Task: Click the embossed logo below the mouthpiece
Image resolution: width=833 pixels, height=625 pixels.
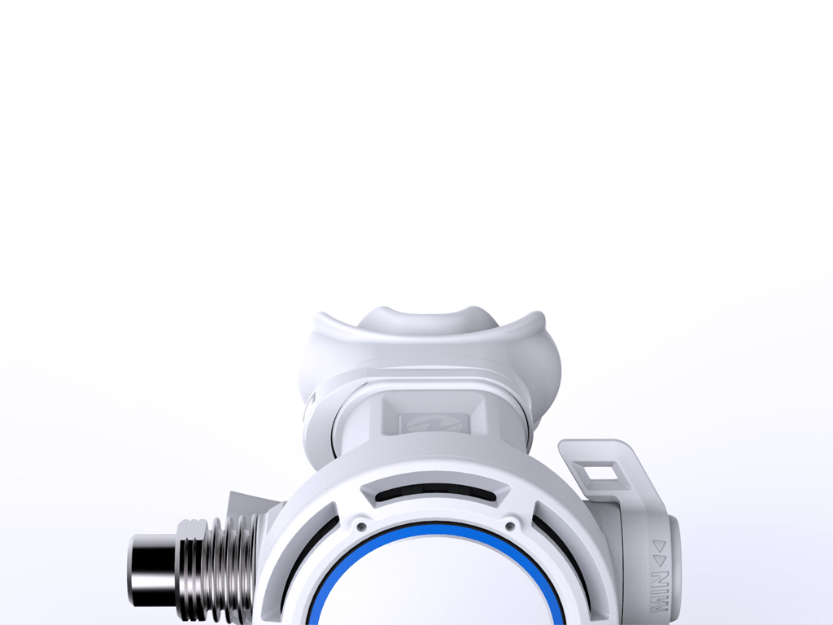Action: click(435, 423)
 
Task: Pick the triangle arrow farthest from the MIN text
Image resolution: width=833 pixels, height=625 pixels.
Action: click(659, 546)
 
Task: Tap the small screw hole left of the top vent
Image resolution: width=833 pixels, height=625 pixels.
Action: click(362, 527)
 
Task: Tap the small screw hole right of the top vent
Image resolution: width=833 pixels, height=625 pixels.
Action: click(511, 527)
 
